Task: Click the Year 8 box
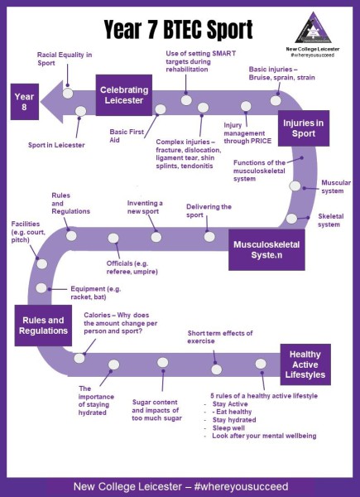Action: coord(25,102)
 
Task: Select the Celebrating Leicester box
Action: coord(124,95)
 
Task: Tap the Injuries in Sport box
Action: coord(304,128)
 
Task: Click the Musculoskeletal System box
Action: coord(266,250)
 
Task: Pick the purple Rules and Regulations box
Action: coord(43,326)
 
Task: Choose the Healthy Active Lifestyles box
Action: coord(305,364)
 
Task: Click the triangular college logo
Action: coord(313,28)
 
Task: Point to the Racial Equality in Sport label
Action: coord(65,59)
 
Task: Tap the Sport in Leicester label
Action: coord(56,145)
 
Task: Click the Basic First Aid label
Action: coord(127,136)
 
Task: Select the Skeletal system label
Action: coord(330,220)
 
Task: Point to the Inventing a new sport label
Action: coord(145,207)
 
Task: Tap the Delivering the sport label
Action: coord(209,210)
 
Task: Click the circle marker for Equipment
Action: coord(41,288)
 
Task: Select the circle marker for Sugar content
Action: coord(163,362)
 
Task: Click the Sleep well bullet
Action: coord(228,428)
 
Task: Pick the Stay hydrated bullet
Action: coord(234,420)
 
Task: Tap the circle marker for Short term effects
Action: coord(217,369)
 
